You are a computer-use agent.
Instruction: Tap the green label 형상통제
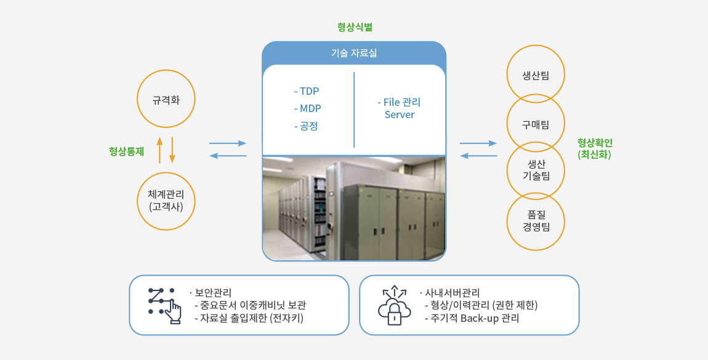click(126, 151)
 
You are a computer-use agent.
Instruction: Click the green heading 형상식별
click(355, 27)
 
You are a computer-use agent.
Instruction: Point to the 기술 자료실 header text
click(354, 53)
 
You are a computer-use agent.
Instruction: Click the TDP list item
click(307, 91)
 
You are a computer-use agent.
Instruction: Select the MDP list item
click(307, 109)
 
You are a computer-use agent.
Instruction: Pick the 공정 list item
click(306, 126)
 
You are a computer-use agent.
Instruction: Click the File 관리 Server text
click(399, 109)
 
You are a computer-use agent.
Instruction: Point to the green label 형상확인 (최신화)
click(595, 149)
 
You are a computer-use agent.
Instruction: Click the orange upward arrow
click(159, 150)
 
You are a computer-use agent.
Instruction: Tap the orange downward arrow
click(172, 150)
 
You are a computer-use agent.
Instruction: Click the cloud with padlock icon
click(394, 305)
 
